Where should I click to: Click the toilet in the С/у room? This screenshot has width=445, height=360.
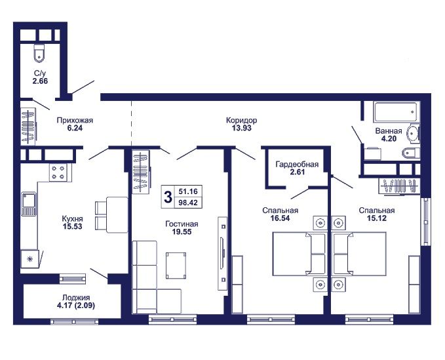39,53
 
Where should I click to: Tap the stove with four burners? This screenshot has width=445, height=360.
58,172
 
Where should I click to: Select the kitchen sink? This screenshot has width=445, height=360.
29,204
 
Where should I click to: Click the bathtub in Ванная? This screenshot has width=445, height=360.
396,112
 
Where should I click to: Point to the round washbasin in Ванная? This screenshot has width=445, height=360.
413,133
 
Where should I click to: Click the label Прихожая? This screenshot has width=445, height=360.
75,121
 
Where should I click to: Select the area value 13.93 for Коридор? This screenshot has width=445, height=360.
242,128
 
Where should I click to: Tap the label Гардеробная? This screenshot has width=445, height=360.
297,165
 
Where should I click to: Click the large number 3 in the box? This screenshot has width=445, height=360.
168,197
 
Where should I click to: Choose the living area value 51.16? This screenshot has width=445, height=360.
188,191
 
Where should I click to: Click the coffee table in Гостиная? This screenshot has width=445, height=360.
176,266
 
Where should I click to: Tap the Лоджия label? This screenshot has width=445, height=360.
76,298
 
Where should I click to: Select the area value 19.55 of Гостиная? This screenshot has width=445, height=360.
182,232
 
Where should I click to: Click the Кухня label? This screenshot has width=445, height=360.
72,219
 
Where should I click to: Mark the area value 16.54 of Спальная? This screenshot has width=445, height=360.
280,218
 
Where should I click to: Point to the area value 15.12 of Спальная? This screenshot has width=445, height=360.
377,218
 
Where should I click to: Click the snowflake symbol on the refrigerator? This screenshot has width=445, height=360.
29,259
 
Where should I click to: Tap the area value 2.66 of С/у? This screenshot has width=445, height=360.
40,81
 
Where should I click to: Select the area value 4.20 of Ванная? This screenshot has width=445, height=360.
389,139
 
